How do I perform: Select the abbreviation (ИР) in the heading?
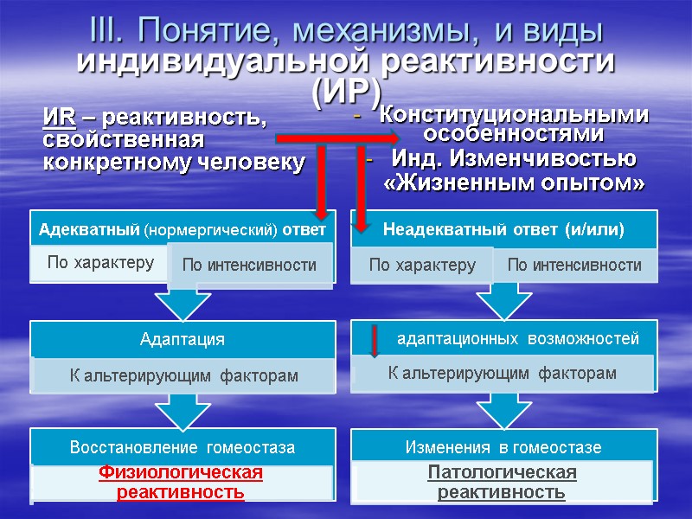[x=345, y=89]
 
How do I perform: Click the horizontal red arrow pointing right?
[x=337, y=138]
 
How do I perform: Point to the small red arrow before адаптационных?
[x=375, y=341]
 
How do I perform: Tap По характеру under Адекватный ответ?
[x=100, y=262]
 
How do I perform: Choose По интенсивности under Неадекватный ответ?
[x=574, y=265]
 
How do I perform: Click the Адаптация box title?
[x=183, y=340]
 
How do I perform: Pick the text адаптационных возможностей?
[x=517, y=339]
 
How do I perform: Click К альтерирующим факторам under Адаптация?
[x=183, y=375]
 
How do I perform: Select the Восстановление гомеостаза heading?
[x=183, y=448]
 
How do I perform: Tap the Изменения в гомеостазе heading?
[x=503, y=448]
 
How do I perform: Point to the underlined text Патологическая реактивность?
[x=502, y=483]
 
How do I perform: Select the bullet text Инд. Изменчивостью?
[x=514, y=159]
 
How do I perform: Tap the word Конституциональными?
[x=514, y=114]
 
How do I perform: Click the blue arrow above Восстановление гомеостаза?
[x=183, y=411]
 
